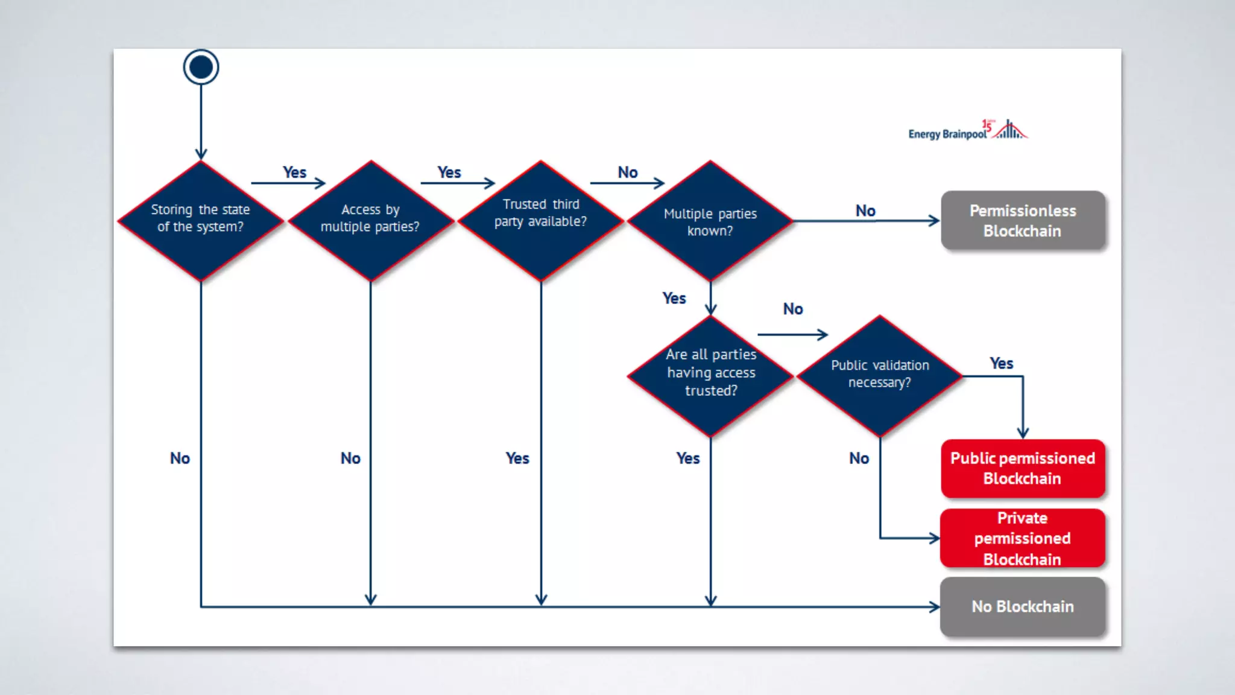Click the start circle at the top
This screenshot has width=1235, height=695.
tap(201, 67)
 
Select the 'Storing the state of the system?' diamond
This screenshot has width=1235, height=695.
tap(201, 220)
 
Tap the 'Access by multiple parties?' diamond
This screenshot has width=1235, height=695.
tap(370, 220)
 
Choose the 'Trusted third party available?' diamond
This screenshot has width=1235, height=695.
tap(541, 220)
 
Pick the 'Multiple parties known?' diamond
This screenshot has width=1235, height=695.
tap(710, 221)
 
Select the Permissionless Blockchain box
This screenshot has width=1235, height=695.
tap(1023, 221)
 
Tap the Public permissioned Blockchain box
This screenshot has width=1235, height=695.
tap(1023, 468)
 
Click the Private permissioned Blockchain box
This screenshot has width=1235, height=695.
tap(1023, 538)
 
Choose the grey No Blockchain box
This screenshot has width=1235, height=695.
tap(1023, 606)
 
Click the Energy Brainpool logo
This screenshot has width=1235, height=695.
tap(967, 131)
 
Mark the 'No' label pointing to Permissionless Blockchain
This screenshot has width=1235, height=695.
tap(865, 211)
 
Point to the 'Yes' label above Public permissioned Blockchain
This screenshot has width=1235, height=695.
tap(1001, 363)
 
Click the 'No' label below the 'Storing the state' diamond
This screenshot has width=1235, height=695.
tap(180, 458)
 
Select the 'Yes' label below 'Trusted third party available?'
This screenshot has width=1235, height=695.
tap(517, 458)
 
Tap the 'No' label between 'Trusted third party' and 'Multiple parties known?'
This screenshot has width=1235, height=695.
tap(627, 173)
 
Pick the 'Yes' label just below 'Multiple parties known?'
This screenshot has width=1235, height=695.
tap(674, 298)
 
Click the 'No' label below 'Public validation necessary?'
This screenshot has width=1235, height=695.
tap(859, 458)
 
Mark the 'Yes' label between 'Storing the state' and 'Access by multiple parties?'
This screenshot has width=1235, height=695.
tap(294, 173)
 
